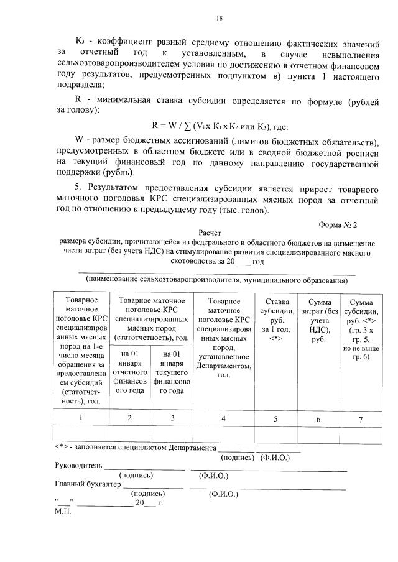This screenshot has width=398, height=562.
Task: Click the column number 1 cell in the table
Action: tap(81, 417)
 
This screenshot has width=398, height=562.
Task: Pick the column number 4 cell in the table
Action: tap(223, 418)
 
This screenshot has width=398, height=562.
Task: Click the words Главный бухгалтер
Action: tap(84, 485)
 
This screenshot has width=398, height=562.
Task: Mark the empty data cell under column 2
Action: tap(129, 433)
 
